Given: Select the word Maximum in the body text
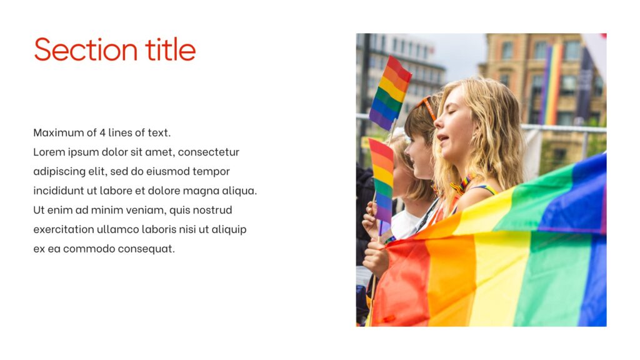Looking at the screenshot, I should point(58,132).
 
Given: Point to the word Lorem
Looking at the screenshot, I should point(49,152).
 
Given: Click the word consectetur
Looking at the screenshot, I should point(208,152).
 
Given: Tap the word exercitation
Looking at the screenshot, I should point(63,229).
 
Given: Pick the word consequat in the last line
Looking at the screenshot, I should point(151,249).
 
